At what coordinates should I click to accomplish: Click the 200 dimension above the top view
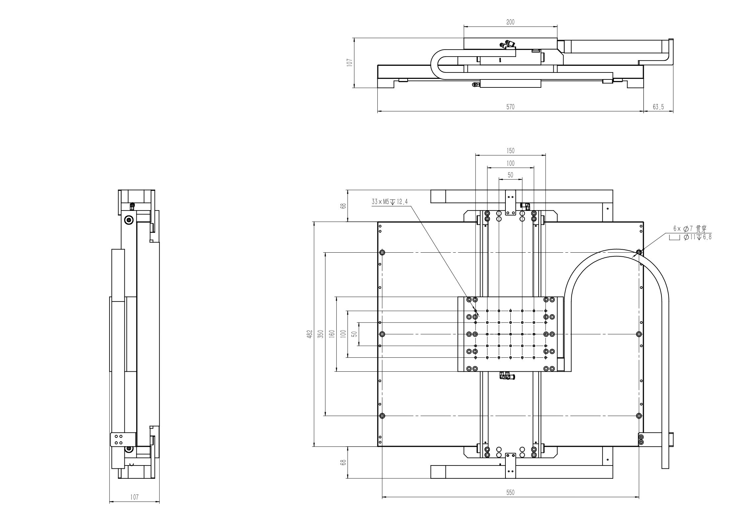(510, 22)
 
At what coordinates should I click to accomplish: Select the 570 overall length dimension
(510, 107)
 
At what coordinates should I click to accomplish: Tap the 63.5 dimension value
(658, 107)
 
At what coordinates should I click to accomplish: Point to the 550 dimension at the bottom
(510, 492)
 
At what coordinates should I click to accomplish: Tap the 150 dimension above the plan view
(510, 151)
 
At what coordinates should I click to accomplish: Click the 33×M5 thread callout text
(390, 201)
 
